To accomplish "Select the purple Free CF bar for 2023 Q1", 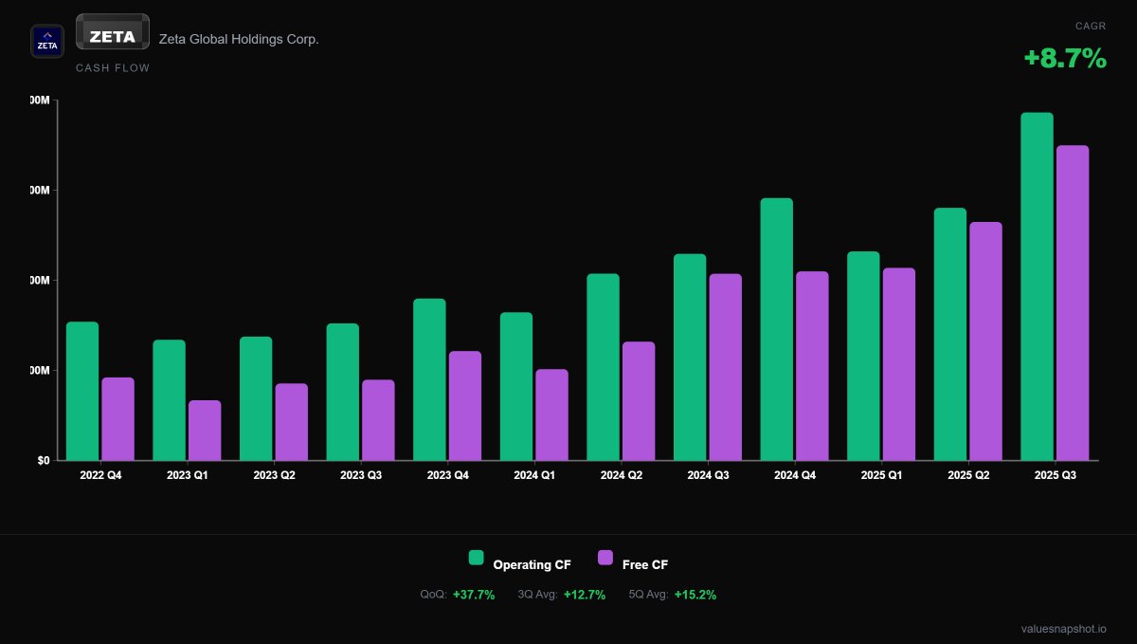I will tap(205, 431).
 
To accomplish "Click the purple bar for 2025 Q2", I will tap(985, 341).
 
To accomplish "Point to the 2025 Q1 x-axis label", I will tap(881, 474).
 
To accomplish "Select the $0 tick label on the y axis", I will tap(44, 461).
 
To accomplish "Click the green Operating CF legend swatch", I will tap(477, 558).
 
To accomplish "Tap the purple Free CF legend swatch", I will tap(605, 558).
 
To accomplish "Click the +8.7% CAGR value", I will tap(1065, 59).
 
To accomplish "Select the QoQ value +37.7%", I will tap(474, 595).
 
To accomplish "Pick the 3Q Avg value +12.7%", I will tap(585, 595).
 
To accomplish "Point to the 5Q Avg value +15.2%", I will tap(695, 595).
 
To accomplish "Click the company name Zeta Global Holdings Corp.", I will tap(239, 39).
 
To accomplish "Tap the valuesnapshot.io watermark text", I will tap(1063, 629).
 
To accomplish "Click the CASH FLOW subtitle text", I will tap(113, 68).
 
